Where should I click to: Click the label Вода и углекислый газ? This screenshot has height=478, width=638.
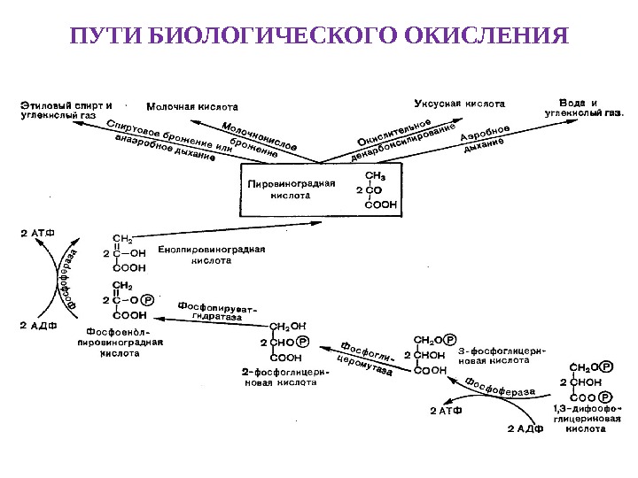tap(583, 107)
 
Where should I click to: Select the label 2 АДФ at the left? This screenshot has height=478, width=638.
tap(38, 325)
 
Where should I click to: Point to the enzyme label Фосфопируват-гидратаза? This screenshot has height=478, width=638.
tap(218, 310)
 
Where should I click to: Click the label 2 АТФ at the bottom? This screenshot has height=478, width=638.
tap(445, 411)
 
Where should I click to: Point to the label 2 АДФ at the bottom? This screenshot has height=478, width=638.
tap(523, 429)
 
